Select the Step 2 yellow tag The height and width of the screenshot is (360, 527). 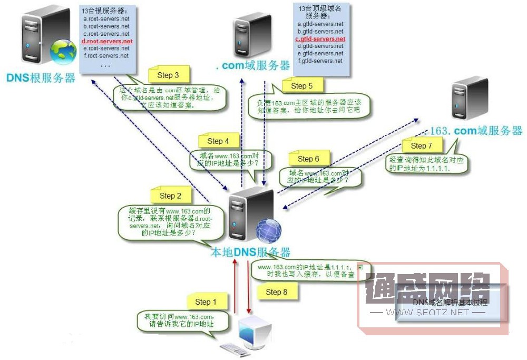click(170, 196)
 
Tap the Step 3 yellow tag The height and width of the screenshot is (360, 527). click(168, 75)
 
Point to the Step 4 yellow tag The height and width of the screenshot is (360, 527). click(218, 141)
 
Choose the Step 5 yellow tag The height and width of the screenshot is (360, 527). click(301, 85)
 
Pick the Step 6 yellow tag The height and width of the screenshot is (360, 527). click(308, 159)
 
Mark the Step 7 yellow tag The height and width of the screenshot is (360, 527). click(421, 145)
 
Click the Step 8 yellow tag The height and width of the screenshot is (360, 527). click(276, 291)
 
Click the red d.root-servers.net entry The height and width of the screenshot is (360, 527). click(107, 41)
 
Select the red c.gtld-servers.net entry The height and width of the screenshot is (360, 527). click(320, 39)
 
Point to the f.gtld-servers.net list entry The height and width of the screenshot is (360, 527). click(320, 61)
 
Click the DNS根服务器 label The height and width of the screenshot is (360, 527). click(41, 79)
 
